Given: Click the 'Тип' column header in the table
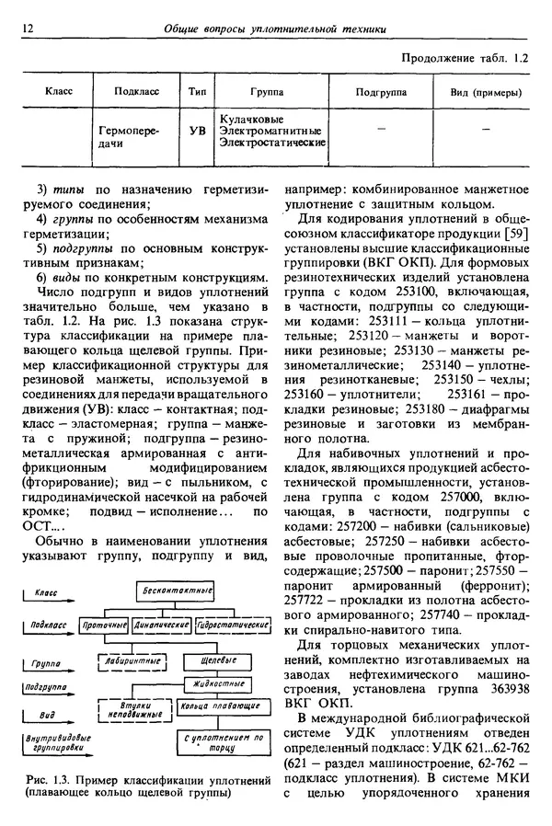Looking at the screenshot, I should coord(197,93).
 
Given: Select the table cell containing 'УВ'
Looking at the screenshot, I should coord(197,132).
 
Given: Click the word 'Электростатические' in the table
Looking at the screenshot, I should coord(272,144).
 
